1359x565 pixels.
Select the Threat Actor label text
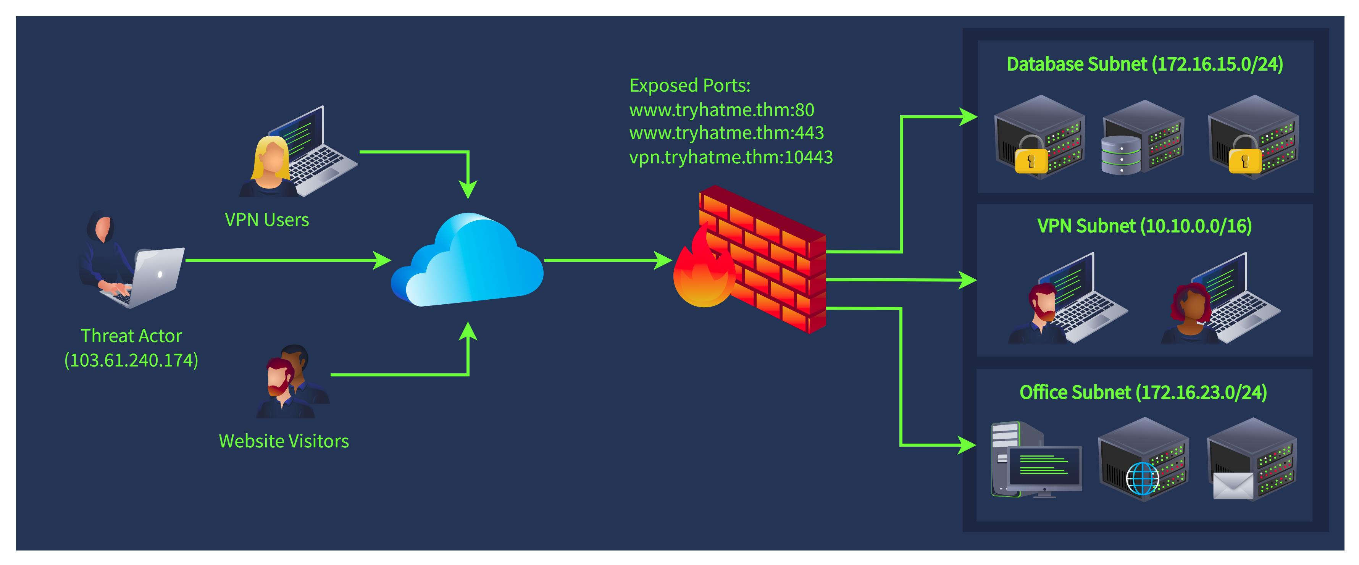(131, 336)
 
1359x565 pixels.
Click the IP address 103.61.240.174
(131, 360)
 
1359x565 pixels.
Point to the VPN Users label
(267, 220)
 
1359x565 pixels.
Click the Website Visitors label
(284, 441)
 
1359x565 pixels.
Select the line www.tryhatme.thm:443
(726, 133)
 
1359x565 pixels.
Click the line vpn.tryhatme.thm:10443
(731, 157)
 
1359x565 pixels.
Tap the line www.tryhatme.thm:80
(722, 110)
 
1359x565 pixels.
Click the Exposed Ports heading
(689, 86)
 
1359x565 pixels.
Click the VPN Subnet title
(1144, 226)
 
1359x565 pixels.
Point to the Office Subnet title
(1143, 392)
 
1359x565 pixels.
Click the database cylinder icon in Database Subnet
(1121, 155)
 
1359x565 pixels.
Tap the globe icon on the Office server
(1142, 478)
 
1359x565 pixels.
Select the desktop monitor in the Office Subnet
(1044, 470)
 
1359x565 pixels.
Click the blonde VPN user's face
(273, 158)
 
